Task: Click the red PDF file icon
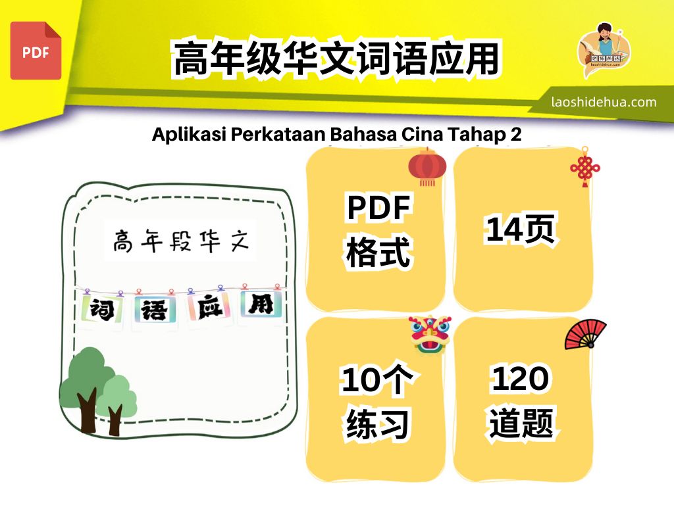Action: [36, 51]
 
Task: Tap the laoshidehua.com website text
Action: [604, 102]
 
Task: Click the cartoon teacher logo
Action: [604, 49]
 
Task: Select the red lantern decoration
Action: [427, 167]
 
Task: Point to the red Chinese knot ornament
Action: [585, 167]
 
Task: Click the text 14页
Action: [521, 229]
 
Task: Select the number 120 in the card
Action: [520, 378]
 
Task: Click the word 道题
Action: [521, 423]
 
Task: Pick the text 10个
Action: [376, 379]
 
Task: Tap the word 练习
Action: [377, 424]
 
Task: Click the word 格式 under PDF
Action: [378, 251]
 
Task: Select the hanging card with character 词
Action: [102, 308]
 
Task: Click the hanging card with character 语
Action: [154, 309]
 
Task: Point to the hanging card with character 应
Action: [209, 306]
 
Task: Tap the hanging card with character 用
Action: [261, 304]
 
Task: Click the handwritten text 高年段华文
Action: [181, 241]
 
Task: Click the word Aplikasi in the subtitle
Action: [189, 134]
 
